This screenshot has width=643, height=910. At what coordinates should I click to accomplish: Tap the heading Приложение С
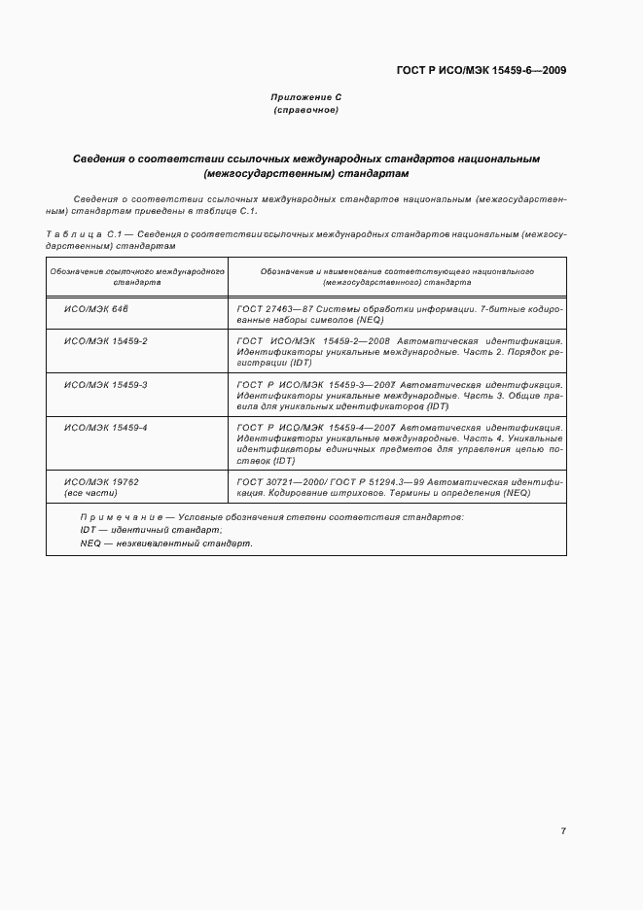tap(305, 98)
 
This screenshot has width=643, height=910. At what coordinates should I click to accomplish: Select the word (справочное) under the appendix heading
tap(305, 111)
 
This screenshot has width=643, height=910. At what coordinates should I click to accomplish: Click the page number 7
tap(563, 830)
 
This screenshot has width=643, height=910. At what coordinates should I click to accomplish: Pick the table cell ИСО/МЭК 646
tap(96, 308)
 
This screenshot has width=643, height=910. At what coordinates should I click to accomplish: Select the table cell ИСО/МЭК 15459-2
tap(105, 342)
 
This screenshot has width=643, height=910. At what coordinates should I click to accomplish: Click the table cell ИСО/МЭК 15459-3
tap(105, 385)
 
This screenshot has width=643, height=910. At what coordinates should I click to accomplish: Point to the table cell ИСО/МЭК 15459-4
tap(105, 428)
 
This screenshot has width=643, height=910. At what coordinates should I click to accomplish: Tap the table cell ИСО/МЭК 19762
tap(101, 481)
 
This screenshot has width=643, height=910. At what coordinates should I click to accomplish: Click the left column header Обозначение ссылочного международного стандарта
tap(137, 277)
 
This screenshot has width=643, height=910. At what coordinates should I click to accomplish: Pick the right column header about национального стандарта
tap(399, 277)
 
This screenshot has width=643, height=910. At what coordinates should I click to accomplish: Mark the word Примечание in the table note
tap(114, 516)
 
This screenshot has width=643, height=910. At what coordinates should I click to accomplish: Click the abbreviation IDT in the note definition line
tap(88, 530)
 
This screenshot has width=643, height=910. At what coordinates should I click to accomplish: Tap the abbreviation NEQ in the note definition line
tap(90, 543)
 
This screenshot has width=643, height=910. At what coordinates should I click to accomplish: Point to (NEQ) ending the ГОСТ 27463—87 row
tap(370, 320)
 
